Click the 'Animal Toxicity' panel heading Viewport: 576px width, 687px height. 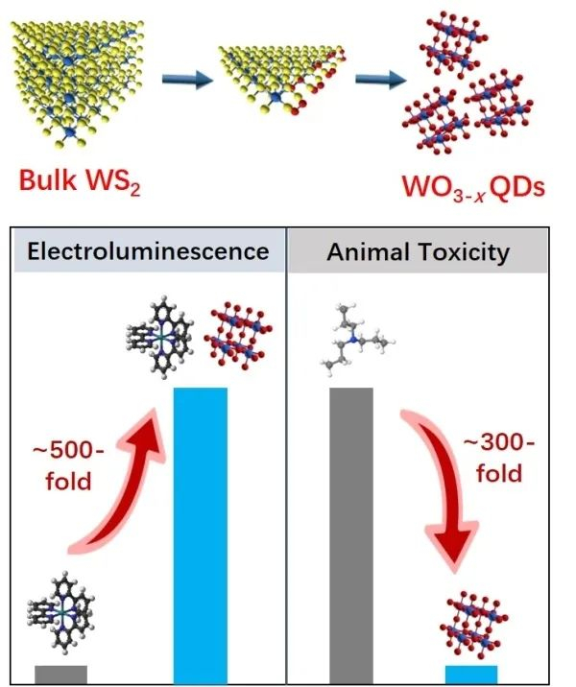tap(419, 251)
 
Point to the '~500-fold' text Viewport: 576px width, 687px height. tap(66, 462)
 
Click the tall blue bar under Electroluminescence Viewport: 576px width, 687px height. tap(200, 533)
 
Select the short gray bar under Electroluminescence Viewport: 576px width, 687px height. tap(60, 673)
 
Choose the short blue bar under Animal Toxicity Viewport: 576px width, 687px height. tap(471, 673)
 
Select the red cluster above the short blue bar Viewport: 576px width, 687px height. tap(476, 620)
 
